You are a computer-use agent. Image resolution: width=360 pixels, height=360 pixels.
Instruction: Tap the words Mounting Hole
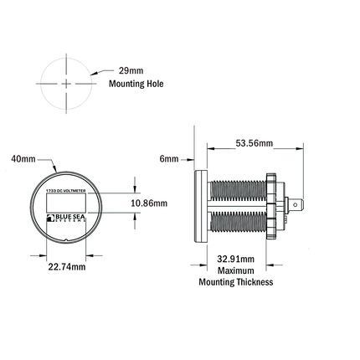(x=136, y=85)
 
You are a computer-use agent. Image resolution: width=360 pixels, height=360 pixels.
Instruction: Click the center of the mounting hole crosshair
(x=65, y=85)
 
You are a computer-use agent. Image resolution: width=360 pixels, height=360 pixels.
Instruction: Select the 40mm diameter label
(x=23, y=157)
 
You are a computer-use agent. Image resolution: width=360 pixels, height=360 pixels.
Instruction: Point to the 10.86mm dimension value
(x=151, y=203)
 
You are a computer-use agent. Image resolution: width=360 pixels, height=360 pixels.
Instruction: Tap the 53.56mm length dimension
(x=252, y=143)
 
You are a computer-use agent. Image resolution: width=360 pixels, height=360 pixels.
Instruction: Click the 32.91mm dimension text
(x=236, y=259)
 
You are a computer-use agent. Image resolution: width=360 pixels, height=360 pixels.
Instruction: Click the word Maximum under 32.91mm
(x=235, y=270)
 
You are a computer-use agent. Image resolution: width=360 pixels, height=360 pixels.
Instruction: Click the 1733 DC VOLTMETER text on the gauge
(x=65, y=190)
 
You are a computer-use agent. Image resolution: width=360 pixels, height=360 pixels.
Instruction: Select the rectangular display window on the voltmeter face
(x=65, y=203)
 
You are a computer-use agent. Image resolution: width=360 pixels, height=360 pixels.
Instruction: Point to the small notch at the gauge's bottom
(x=65, y=241)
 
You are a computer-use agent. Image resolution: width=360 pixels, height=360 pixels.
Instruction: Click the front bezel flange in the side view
(x=199, y=203)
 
